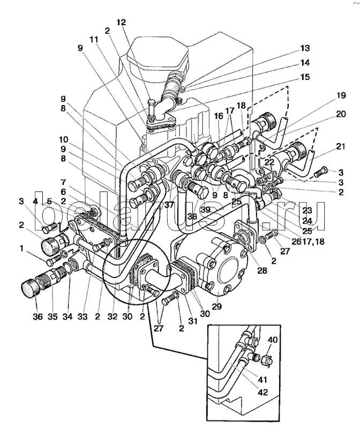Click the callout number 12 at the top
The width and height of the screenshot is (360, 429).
tap(121, 22)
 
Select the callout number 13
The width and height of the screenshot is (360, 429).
tap(305, 48)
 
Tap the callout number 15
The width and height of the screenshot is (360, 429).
tap(305, 77)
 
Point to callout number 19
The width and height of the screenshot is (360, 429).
tap(341, 95)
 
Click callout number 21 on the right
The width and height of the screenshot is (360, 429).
tap(340, 146)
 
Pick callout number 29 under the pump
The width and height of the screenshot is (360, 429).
tap(216, 306)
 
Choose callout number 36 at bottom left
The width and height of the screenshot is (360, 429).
tap(37, 316)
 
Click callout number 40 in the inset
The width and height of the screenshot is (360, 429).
tap(272, 340)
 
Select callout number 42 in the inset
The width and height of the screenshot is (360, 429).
tap(262, 393)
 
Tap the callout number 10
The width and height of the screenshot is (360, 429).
tap(63, 139)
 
